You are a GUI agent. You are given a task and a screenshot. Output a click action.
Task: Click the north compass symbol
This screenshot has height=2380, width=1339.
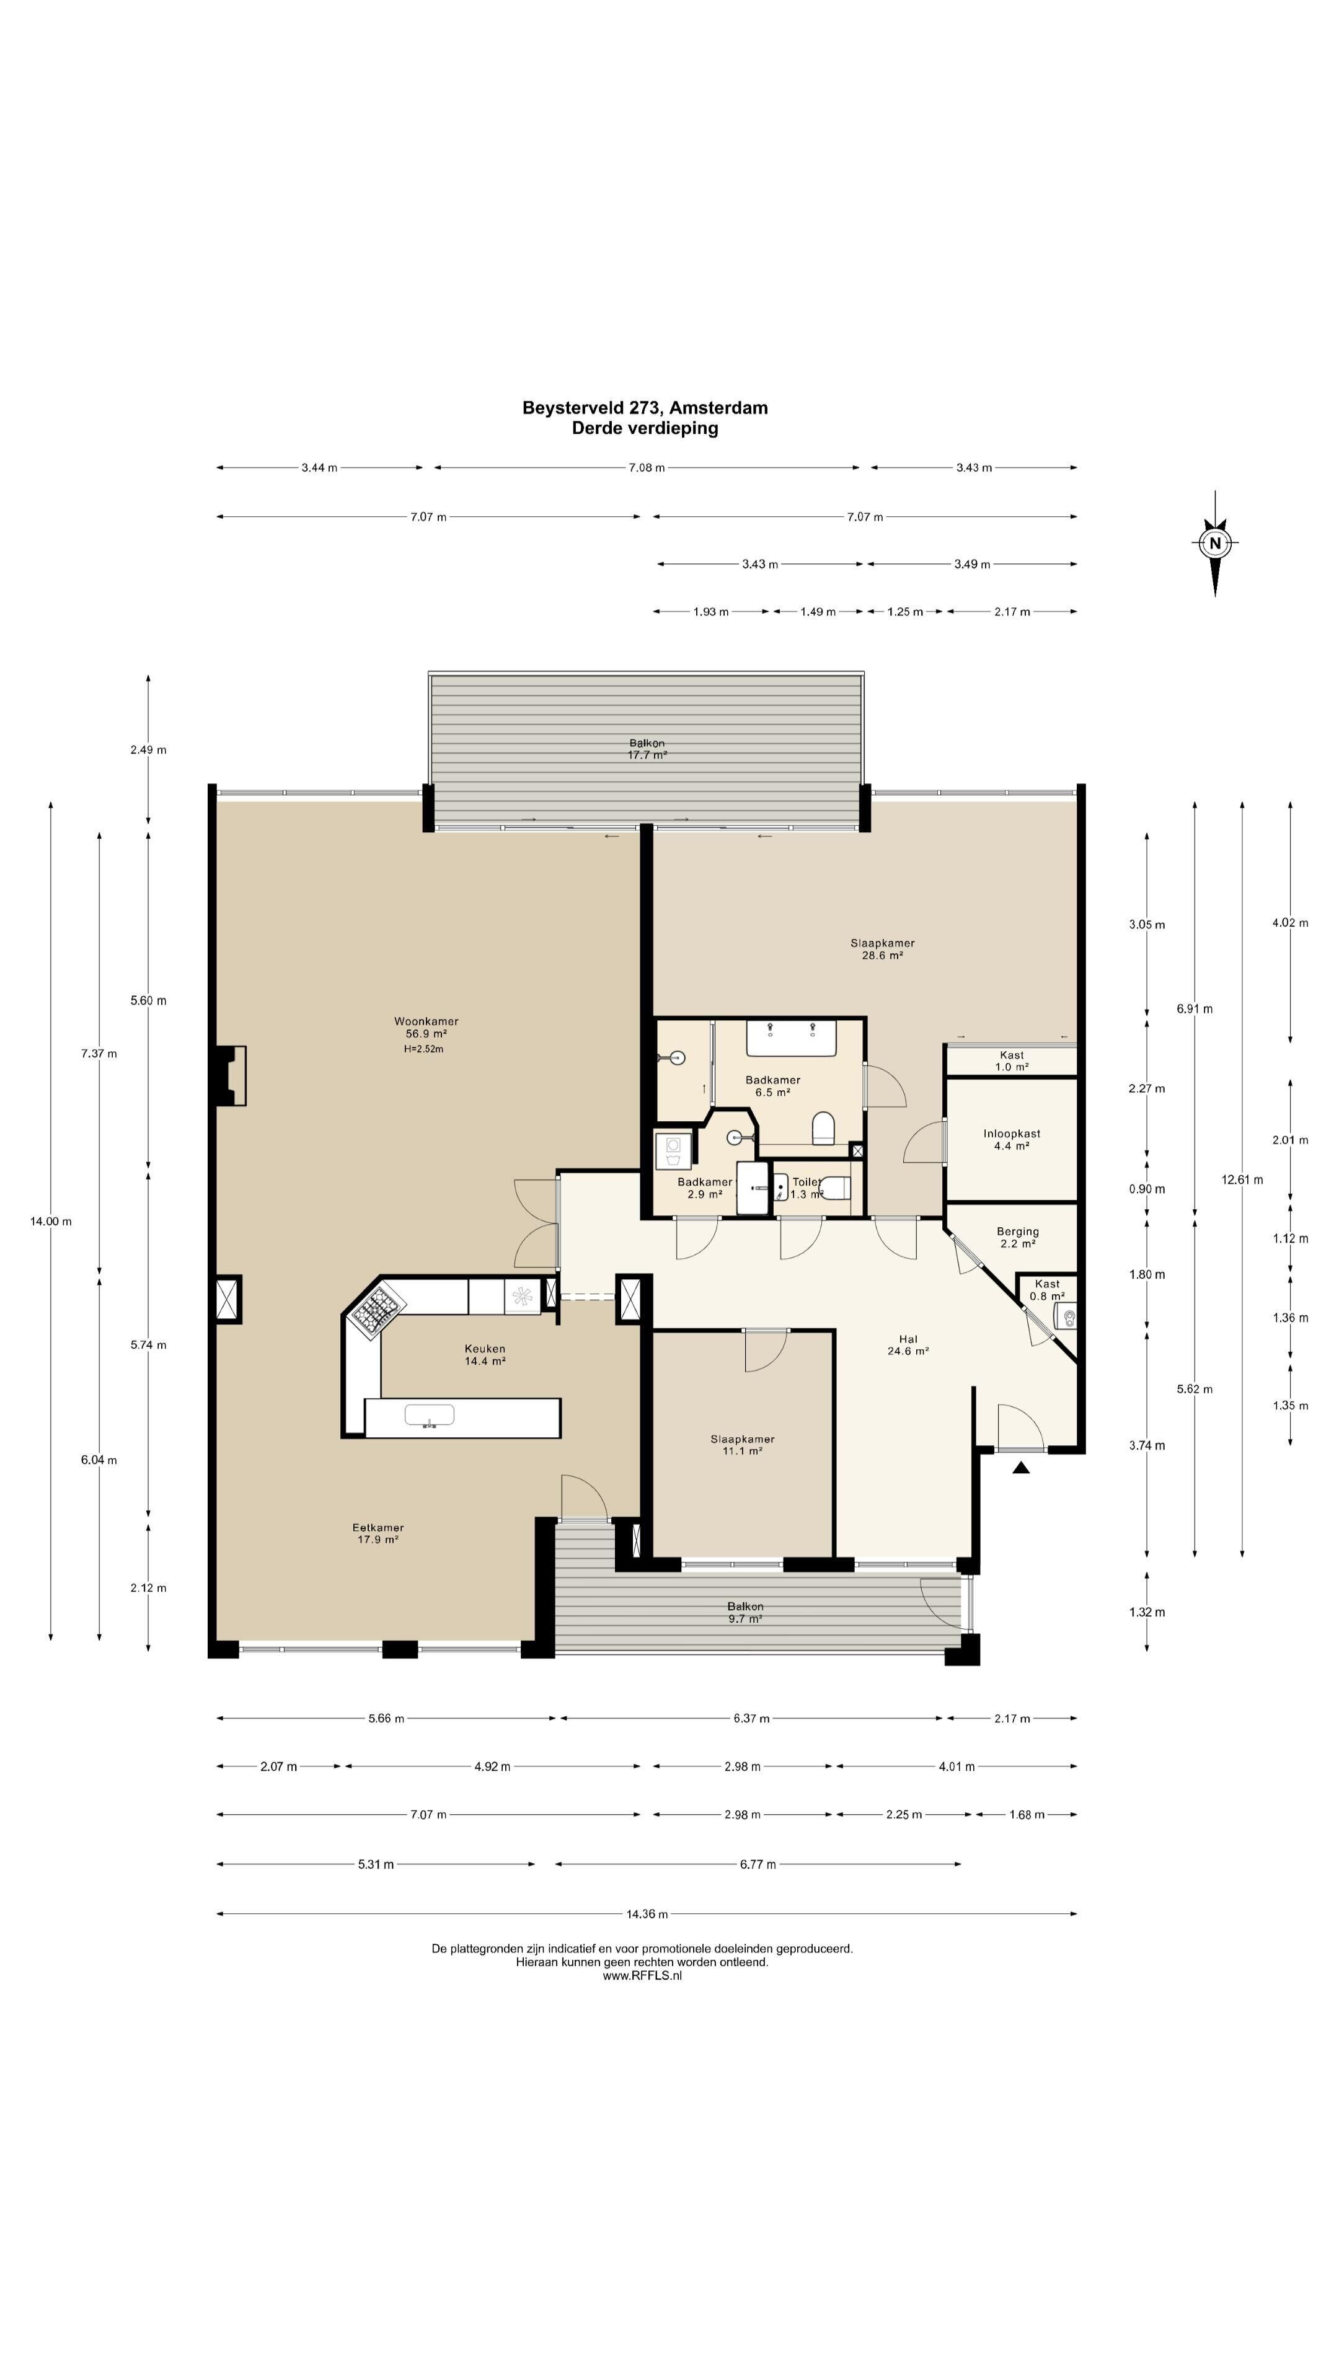[1214, 544]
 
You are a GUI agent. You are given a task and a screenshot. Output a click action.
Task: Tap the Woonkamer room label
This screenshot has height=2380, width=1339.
[426, 1021]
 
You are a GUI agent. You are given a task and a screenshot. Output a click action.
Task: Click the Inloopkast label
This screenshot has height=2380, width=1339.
[1011, 1133]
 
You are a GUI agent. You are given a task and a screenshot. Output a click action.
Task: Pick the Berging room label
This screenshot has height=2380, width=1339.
[1017, 1231]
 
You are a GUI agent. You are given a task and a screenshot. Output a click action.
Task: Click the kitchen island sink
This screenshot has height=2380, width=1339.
[429, 1416]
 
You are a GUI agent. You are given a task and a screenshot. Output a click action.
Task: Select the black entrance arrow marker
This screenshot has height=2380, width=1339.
[1020, 1467]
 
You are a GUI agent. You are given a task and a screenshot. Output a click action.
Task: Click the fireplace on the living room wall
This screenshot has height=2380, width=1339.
[230, 1075]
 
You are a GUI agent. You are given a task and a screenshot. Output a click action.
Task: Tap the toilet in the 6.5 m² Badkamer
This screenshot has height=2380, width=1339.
[823, 1128]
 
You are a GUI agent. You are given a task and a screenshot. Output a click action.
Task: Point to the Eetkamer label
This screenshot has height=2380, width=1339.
[378, 1527]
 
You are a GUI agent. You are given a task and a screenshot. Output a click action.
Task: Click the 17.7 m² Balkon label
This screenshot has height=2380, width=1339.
[647, 748]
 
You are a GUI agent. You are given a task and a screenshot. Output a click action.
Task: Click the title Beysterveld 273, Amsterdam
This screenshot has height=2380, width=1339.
[645, 407]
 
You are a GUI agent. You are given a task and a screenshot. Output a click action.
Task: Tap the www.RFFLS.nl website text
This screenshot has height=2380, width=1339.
[642, 1975]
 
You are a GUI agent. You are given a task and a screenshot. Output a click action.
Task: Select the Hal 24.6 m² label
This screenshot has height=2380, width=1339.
[908, 1344]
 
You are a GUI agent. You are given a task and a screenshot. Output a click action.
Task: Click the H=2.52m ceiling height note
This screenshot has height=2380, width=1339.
[424, 1049]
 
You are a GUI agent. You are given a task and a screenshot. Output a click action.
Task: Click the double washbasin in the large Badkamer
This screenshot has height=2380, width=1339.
[791, 1038]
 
